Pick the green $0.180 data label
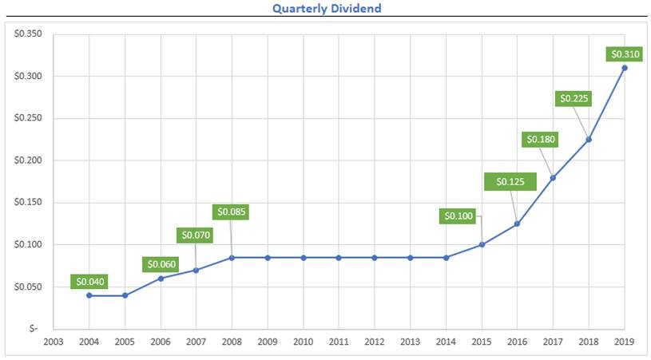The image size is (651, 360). click(540, 140)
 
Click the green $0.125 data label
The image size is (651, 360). click(510, 181)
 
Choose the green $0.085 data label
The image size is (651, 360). click(232, 212)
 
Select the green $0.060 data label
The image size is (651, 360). click(160, 264)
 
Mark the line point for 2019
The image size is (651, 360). click(625, 68)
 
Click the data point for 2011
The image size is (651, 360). click(339, 258)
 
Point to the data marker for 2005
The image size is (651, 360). click(125, 295)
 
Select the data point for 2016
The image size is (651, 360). click(517, 224)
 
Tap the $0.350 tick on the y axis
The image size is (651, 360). click(28, 34)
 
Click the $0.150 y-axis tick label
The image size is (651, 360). click(28, 203)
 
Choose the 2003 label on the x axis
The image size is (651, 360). click(54, 342)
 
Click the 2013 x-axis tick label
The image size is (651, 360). click(411, 342)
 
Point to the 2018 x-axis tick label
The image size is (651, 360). click(589, 342)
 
